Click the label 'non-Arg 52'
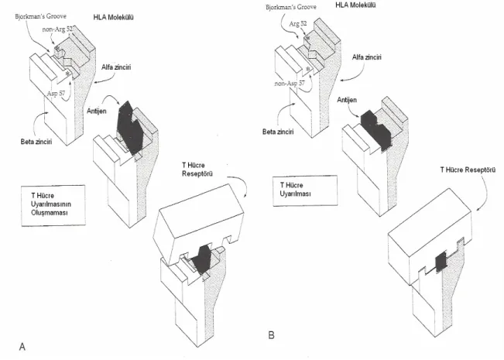click(57, 29)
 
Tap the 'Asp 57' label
click(56, 94)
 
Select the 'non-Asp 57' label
click(290, 84)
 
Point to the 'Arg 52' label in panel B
click(298, 24)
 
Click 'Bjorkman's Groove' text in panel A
click(41, 16)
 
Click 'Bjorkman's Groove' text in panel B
click(291, 7)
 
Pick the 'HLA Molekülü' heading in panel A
click(114, 17)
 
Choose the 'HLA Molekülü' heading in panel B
click(355, 5)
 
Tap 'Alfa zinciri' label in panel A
click(116, 67)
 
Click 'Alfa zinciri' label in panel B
click(367, 57)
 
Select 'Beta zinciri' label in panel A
click(36, 142)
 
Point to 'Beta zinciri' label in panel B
click(278, 132)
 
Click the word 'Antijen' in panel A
click(97, 111)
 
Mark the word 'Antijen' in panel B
click(347, 100)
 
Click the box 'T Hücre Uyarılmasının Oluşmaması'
click(53, 205)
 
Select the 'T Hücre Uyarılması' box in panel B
click(305, 190)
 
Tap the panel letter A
click(22, 347)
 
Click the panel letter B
click(271, 335)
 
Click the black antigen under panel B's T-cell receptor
click(441, 262)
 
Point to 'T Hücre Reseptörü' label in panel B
click(468, 170)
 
